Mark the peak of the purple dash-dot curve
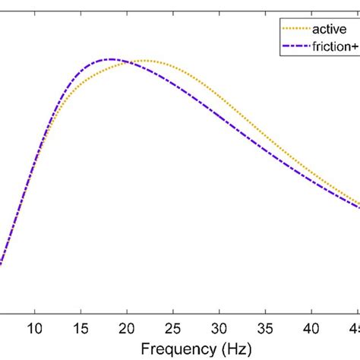coord(111,58)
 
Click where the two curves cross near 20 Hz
coord(129,62)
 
